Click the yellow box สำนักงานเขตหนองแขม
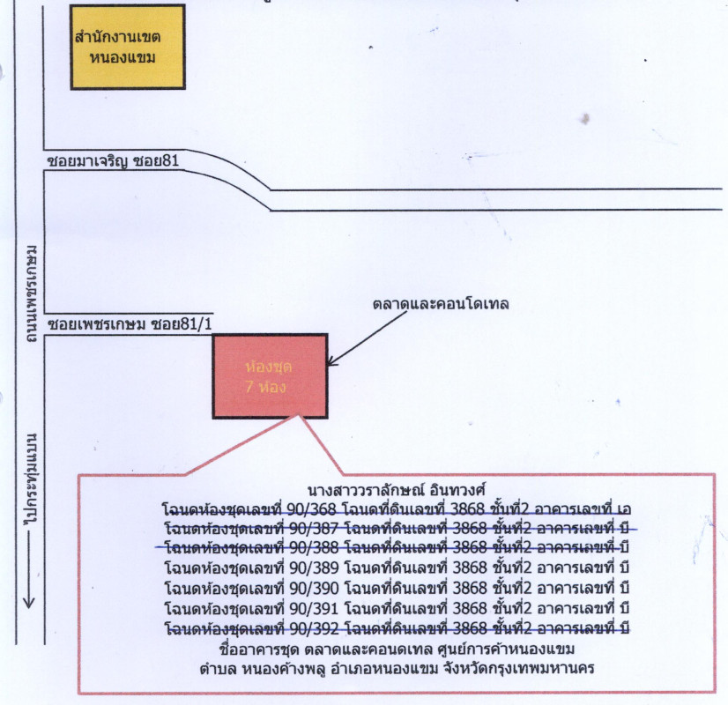tap(127, 47)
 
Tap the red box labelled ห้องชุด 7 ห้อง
tap(270, 375)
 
